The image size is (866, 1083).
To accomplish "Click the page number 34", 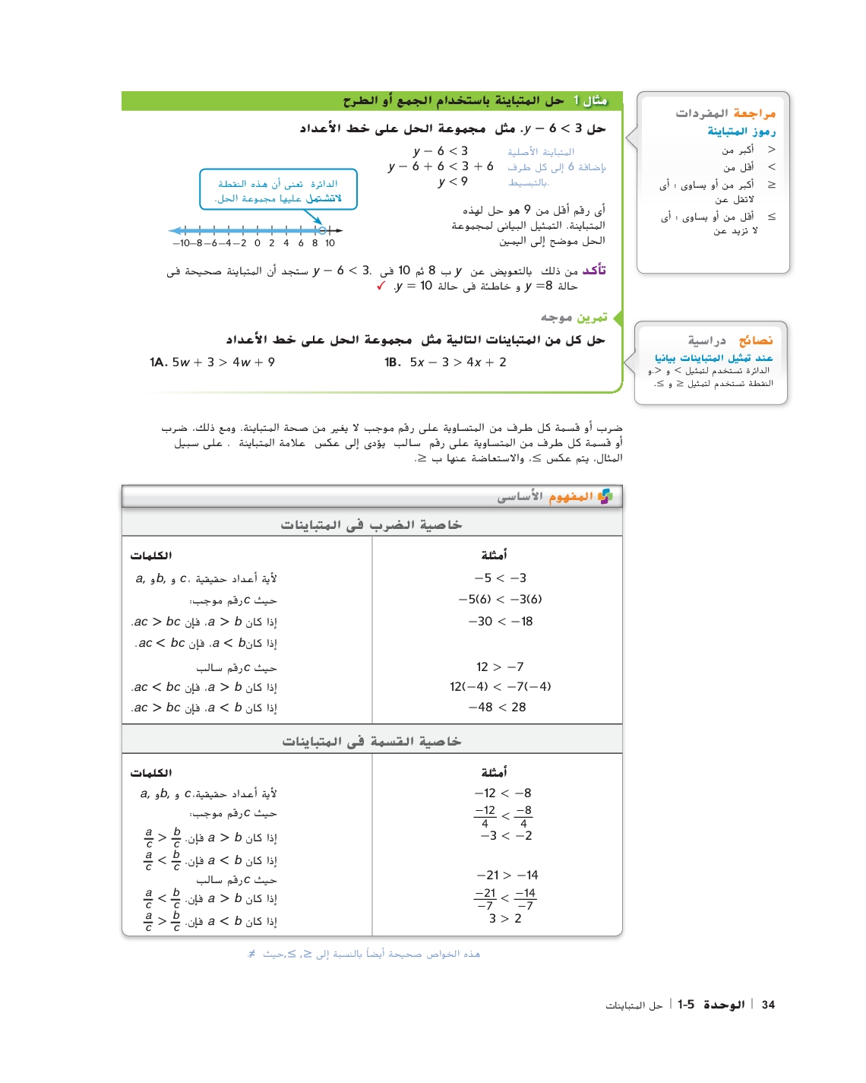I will (768, 1005).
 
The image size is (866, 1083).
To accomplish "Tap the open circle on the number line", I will (322, 230).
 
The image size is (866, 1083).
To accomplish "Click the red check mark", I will (381, 286).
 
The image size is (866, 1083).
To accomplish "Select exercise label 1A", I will (158, 363).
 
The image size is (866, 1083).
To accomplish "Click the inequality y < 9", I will (453, 182).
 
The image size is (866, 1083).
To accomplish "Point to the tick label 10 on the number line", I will (330, 243).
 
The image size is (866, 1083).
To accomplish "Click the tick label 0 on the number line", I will (258, 243).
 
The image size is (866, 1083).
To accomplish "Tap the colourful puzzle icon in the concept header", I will (605, 496).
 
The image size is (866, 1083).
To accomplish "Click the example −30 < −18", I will (501, 621).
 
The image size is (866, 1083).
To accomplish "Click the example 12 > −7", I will (500, 667).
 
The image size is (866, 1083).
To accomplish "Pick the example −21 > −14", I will (507, 875).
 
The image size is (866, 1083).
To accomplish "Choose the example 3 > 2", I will (505, 918).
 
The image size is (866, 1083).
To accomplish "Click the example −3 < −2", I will (506, 835).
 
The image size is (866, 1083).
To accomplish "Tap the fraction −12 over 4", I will (485, 816).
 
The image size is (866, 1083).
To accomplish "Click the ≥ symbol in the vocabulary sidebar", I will (772, 185).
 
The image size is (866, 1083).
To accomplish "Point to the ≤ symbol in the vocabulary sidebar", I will (772, 217).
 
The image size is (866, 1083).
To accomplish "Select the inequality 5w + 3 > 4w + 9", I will (223, 363).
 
